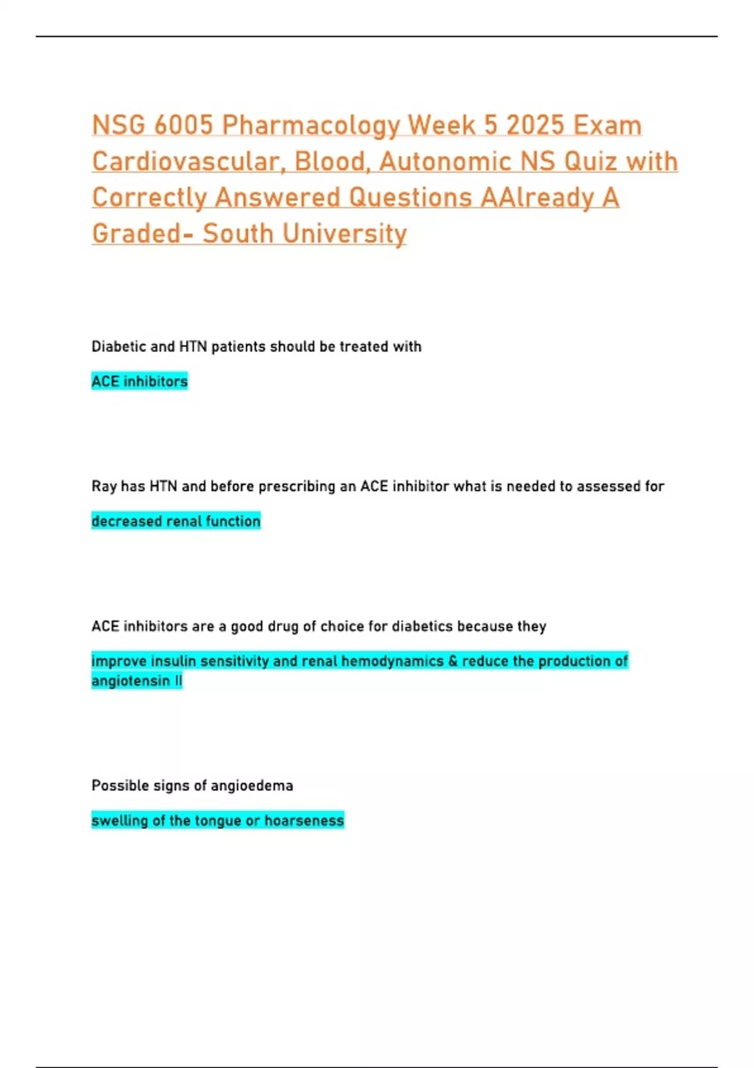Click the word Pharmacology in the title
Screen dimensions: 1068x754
pos(310,126)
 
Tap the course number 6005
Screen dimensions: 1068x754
pos(183,125)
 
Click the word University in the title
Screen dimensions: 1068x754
pos(344,234)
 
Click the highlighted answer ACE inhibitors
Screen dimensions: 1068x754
pos(139,381)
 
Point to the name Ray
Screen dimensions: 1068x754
pos(104,487)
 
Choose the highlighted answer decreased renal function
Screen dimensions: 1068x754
pos(176,521)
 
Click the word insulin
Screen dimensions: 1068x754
pos(173,661)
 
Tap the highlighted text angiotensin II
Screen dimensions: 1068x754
pos(136,681)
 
